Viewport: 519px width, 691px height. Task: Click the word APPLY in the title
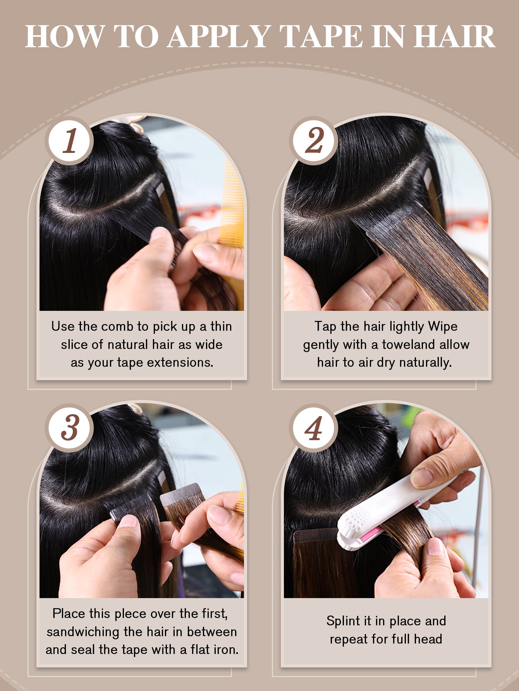[219, 37]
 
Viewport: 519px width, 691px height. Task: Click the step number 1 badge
[70, 141]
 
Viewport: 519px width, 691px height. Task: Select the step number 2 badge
[314, 141]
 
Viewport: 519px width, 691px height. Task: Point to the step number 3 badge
[70, 428]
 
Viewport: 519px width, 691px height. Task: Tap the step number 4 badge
[314, 428]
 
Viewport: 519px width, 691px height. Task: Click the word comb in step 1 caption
[119, 326]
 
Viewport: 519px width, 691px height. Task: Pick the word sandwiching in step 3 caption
[83, 632]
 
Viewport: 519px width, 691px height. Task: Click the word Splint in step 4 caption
[343, 621]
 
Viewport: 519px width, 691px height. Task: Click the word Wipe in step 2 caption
[443, 326]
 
